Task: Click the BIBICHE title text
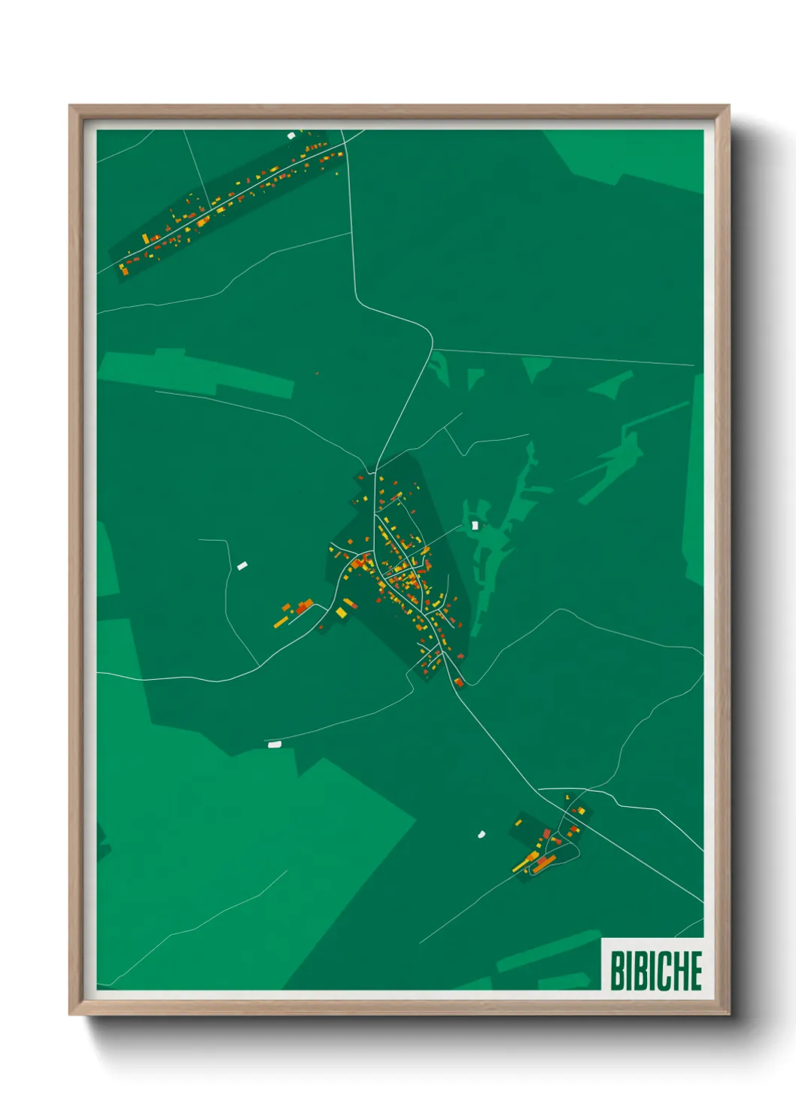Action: (x=655, y=970)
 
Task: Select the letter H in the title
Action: (x=676, y=970)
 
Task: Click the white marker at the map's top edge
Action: (x=291, y=135)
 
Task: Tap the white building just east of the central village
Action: (x=475, y=525)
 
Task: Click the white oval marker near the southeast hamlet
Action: (x=482, y=834)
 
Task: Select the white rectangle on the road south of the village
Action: (x=275, y=744)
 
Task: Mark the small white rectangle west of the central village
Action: (x=242, y=566)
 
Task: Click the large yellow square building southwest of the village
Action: (x=342, y=613)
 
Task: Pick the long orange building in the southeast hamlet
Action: (x=545, y=862)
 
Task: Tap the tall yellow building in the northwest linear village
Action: (x=145, y=238)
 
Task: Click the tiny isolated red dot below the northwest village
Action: (x=317, y=373)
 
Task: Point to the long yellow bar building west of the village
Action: (x=281, y=621)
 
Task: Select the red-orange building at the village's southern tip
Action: (x=458, y=682)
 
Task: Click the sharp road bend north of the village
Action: (x=431, y=335)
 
